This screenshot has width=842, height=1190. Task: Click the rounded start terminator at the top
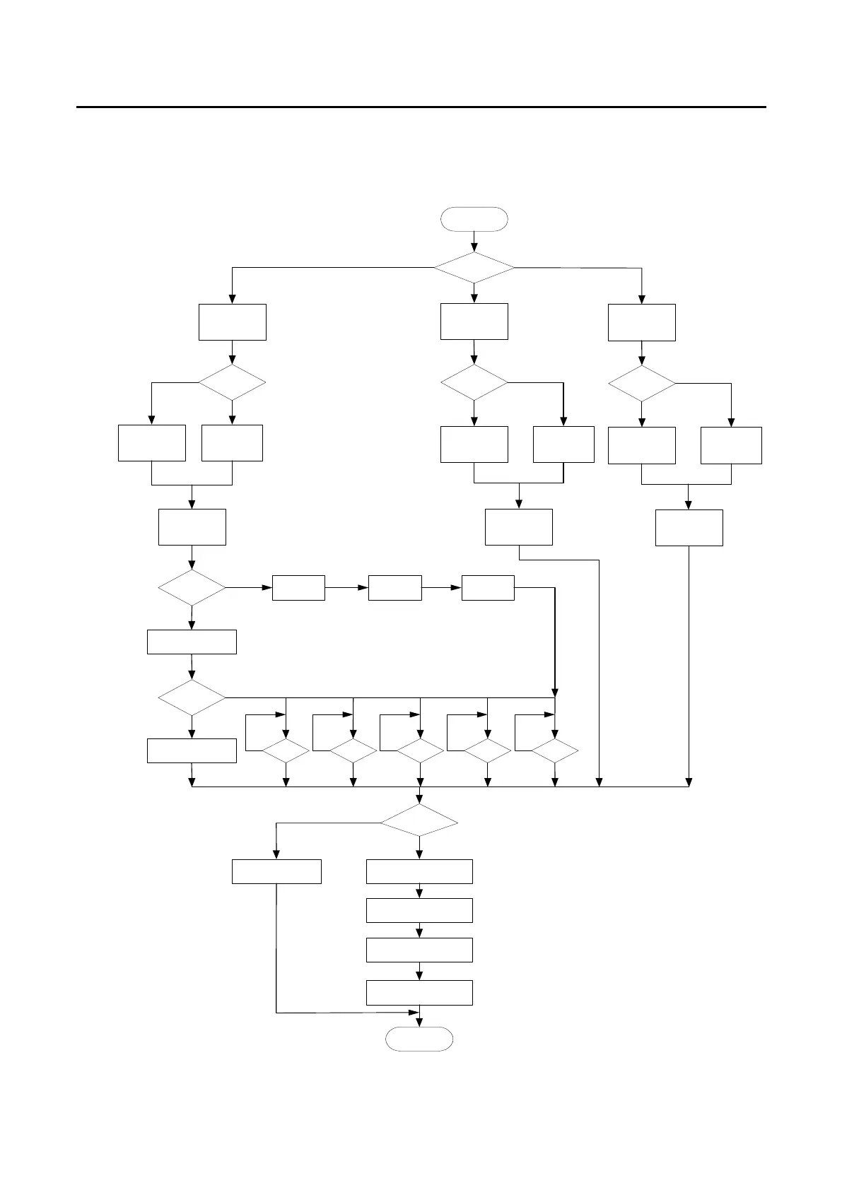pos(474,219)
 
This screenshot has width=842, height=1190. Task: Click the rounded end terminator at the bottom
pos(419,1039)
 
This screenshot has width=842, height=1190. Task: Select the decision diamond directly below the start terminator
pos(474,268)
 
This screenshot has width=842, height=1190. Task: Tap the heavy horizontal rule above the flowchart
pos(421,107)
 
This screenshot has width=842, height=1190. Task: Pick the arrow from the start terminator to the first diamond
pos(474,242)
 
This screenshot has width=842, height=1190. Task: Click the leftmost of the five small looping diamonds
pos(286,751)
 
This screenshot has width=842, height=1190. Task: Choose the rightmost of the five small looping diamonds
pos(555,751)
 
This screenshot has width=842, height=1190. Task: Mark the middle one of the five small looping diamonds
pos(420,751)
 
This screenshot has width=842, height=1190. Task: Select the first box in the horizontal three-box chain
pos(298,588)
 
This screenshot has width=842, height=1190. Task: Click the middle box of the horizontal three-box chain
pos(394,588)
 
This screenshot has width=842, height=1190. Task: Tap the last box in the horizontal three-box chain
pos(488,588)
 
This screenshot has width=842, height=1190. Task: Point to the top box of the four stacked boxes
pos(419,871)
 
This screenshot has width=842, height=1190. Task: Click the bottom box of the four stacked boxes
pos(419,992)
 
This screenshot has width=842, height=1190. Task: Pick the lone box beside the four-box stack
pos(276,871)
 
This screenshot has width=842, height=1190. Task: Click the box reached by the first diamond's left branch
pos(233,322)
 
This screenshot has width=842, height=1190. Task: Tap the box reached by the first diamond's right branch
pos(641,322)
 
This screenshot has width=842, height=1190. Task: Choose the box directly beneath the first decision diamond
pos(474,322)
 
